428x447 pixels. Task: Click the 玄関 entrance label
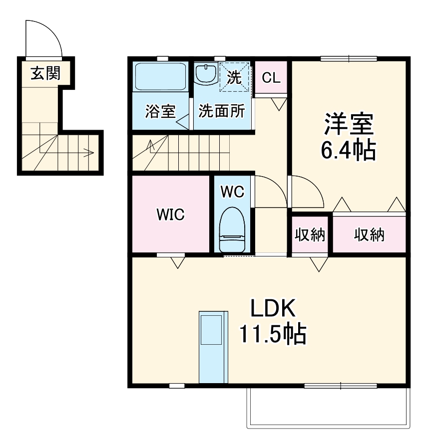(45, 74)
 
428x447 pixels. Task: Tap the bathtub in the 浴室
(160, 77)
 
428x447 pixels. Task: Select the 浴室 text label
(160, 111)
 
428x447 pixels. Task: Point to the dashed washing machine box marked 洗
(235, 77)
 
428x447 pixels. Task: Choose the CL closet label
(272, 78)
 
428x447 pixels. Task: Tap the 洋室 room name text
(349, 125)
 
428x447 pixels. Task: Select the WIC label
(170, 215)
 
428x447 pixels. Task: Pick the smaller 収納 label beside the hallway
(310, 234)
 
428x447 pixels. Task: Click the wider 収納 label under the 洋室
(370, 234)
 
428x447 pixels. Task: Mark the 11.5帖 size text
(273, 335)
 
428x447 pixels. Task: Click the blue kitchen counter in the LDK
(214, 347)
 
